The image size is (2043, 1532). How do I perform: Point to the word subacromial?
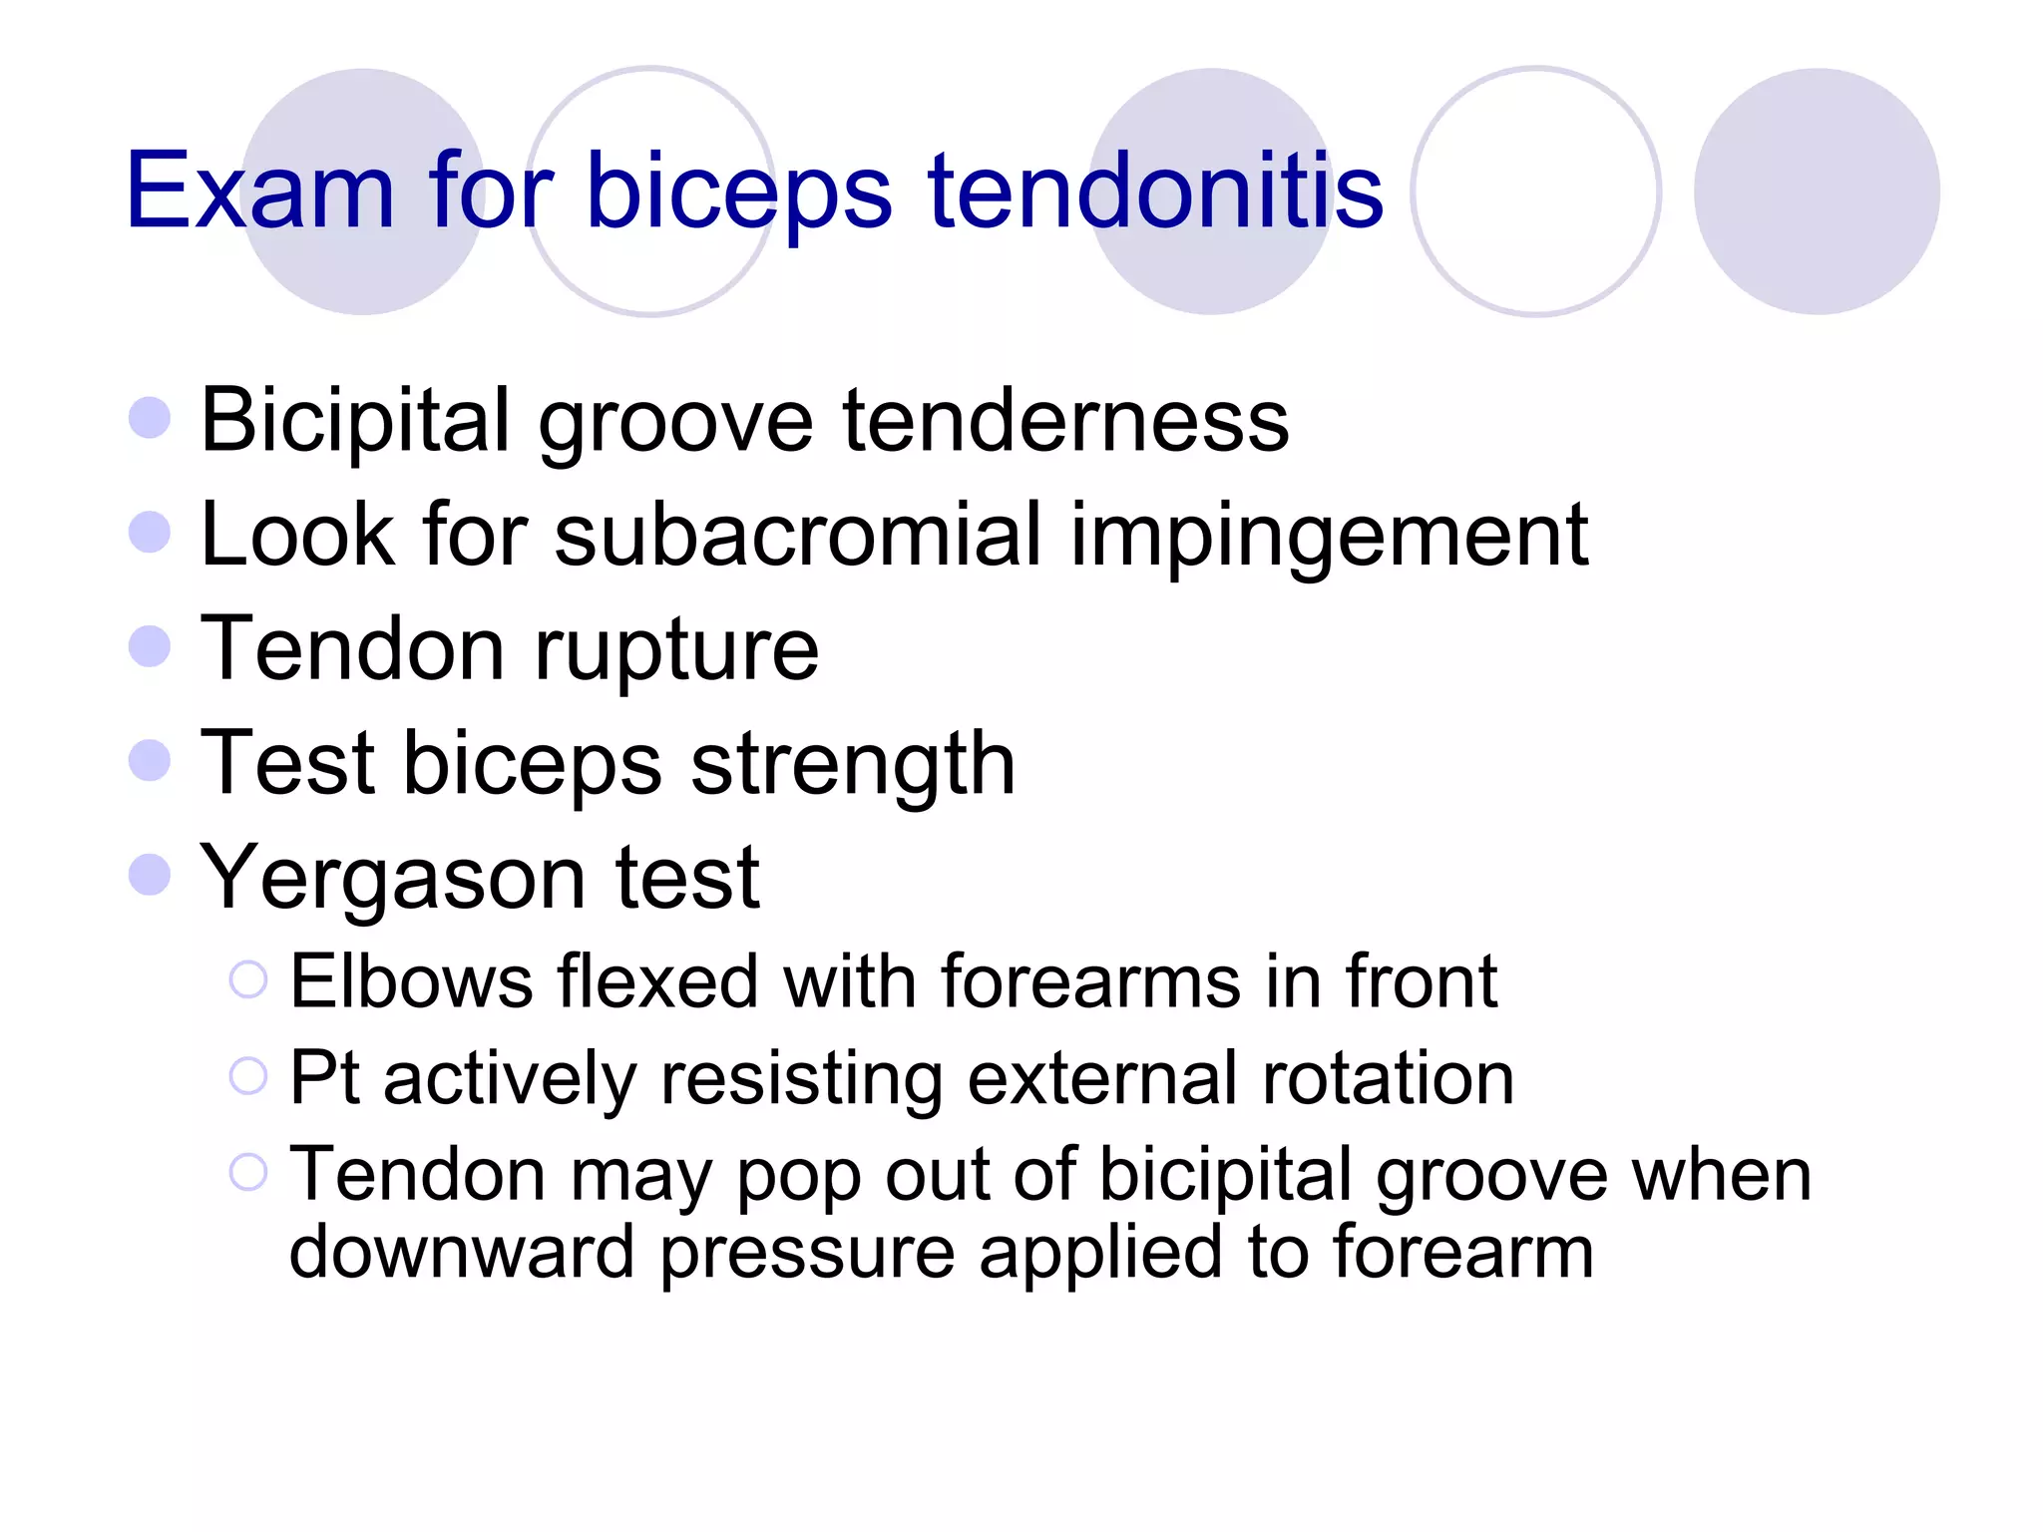(x=798, y=536)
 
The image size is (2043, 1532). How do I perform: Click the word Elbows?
(x=412, y=982)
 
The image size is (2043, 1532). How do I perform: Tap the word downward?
(x=461, y=1253)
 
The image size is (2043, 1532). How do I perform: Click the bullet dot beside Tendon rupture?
(x=150, y=646)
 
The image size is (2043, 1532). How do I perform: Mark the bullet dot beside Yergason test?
(x=150, y=875)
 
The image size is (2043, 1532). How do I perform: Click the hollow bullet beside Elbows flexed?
(x=248, y=979)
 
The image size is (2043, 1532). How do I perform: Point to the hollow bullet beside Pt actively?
(x=248, y=1076)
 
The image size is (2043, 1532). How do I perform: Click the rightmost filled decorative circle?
(x=1816, y=191)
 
